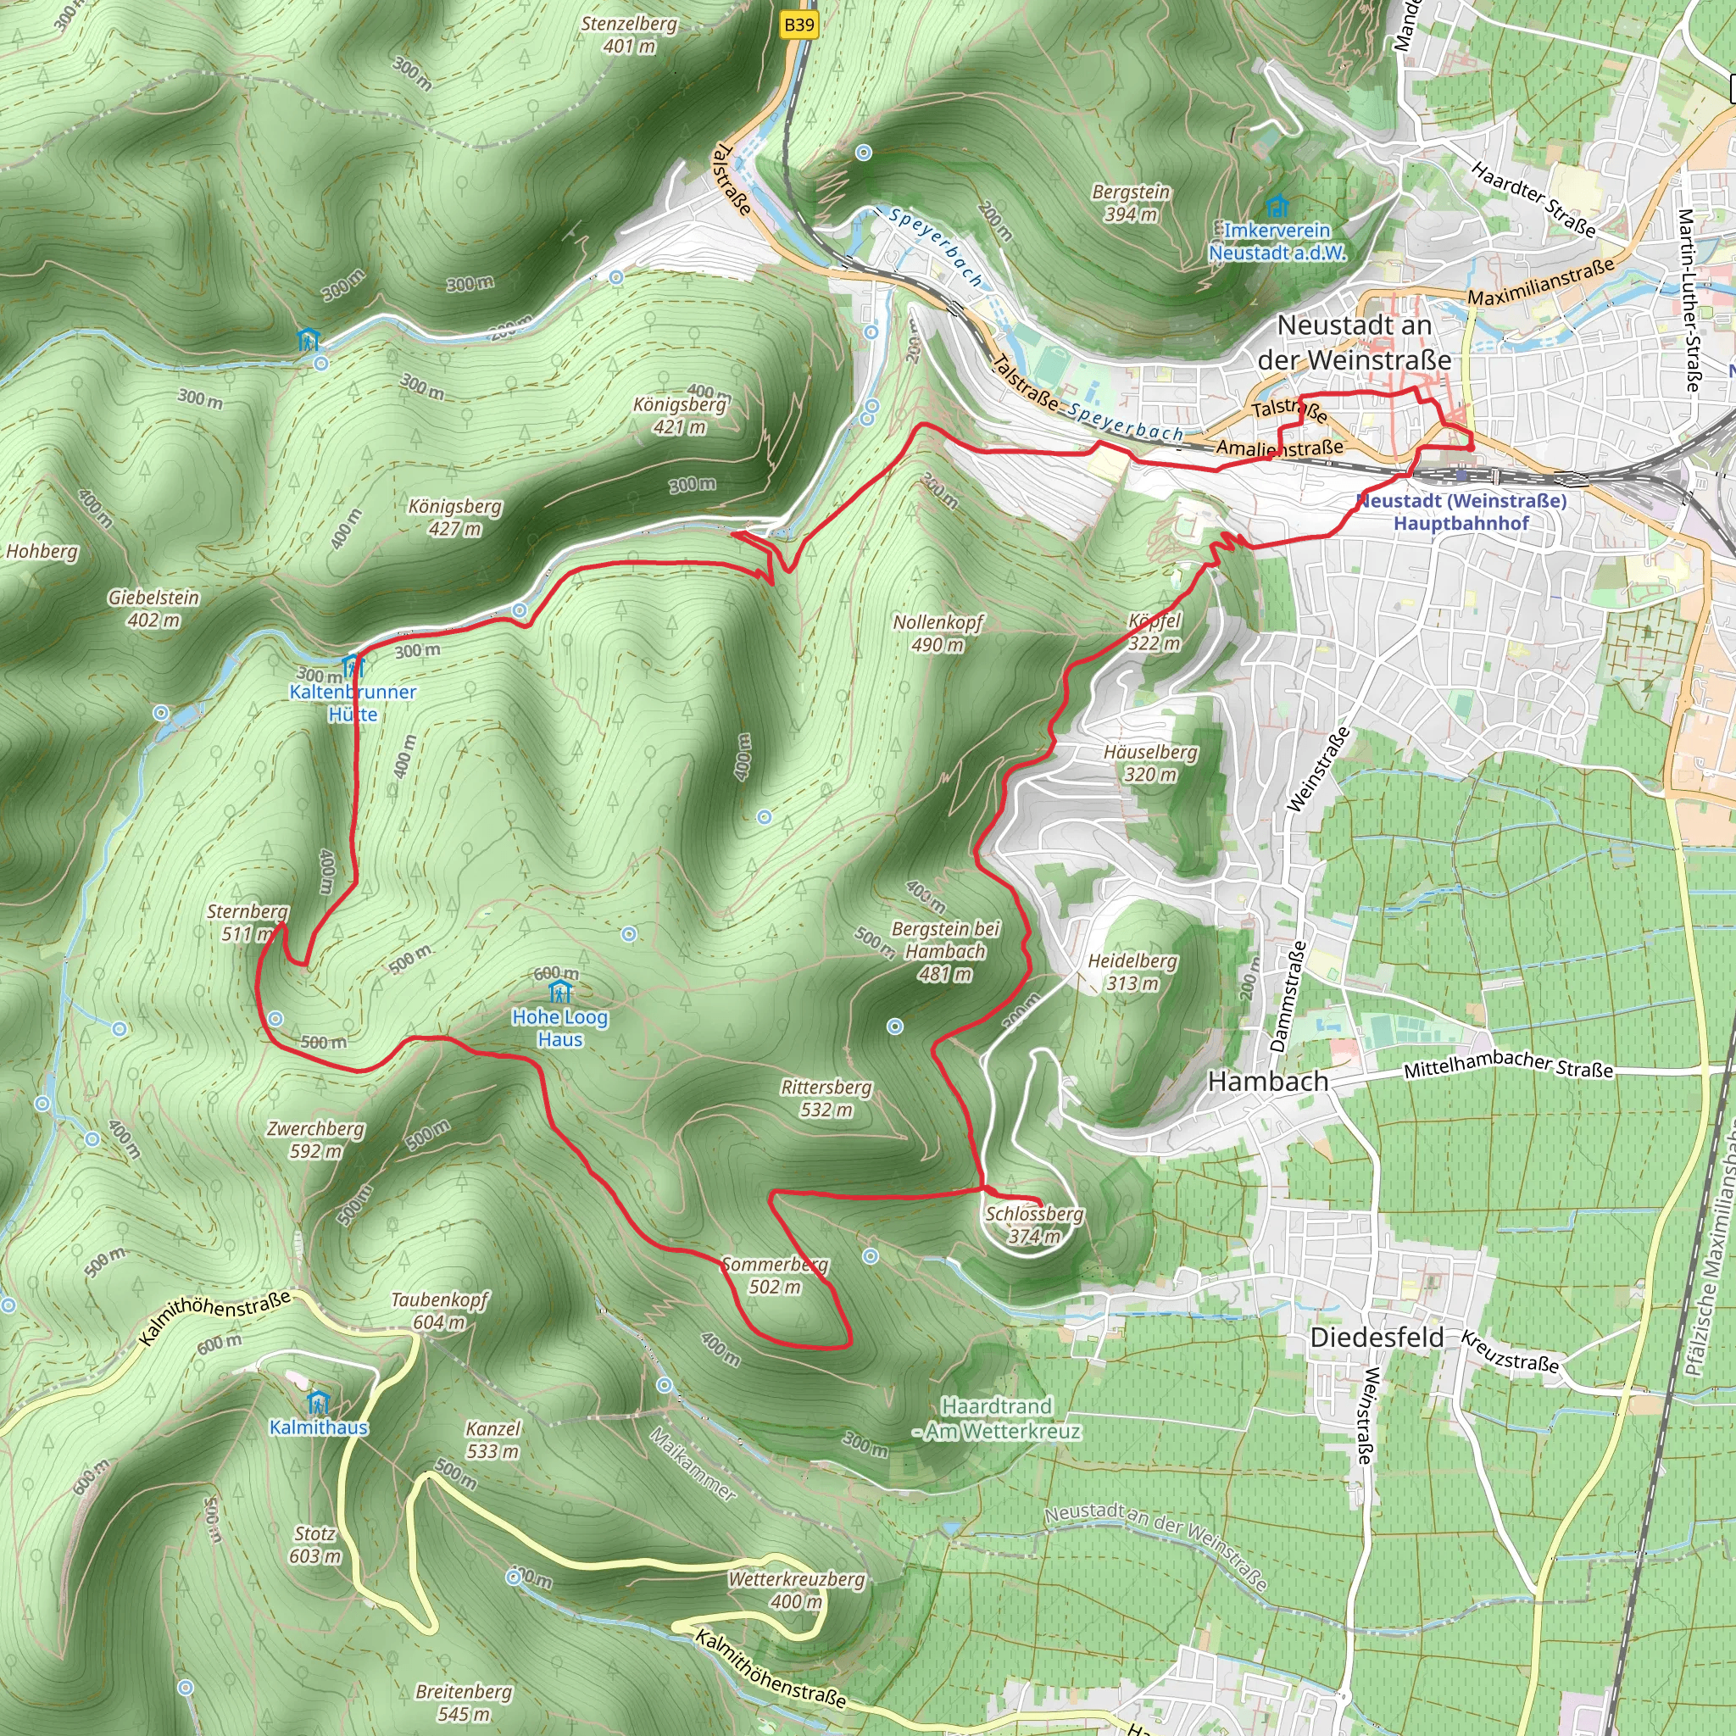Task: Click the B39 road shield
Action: point(798,25)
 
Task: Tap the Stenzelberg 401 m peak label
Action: point(629,34)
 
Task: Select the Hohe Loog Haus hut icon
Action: point(560,993)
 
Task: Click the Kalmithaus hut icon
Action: point(318,1402)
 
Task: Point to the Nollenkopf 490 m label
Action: point(938,633)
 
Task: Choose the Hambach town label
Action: point(1268,1081)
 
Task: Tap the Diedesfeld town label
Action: point(1377,1337)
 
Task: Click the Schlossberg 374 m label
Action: point(1034,1225)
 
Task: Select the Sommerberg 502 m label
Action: point(775,1275)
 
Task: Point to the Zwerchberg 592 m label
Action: point(315,1139)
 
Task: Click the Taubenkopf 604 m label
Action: point(439,1310)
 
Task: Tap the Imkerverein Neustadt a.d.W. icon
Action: point(1276,207)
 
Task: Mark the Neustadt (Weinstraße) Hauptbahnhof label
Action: point(1461,511)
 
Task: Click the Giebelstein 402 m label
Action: point(153,609)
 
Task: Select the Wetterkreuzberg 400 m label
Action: point(796,1589)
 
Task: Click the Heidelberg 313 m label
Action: point(1132,971)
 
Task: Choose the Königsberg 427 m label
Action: point(454,518)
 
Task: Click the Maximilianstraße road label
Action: point(1541,282)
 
